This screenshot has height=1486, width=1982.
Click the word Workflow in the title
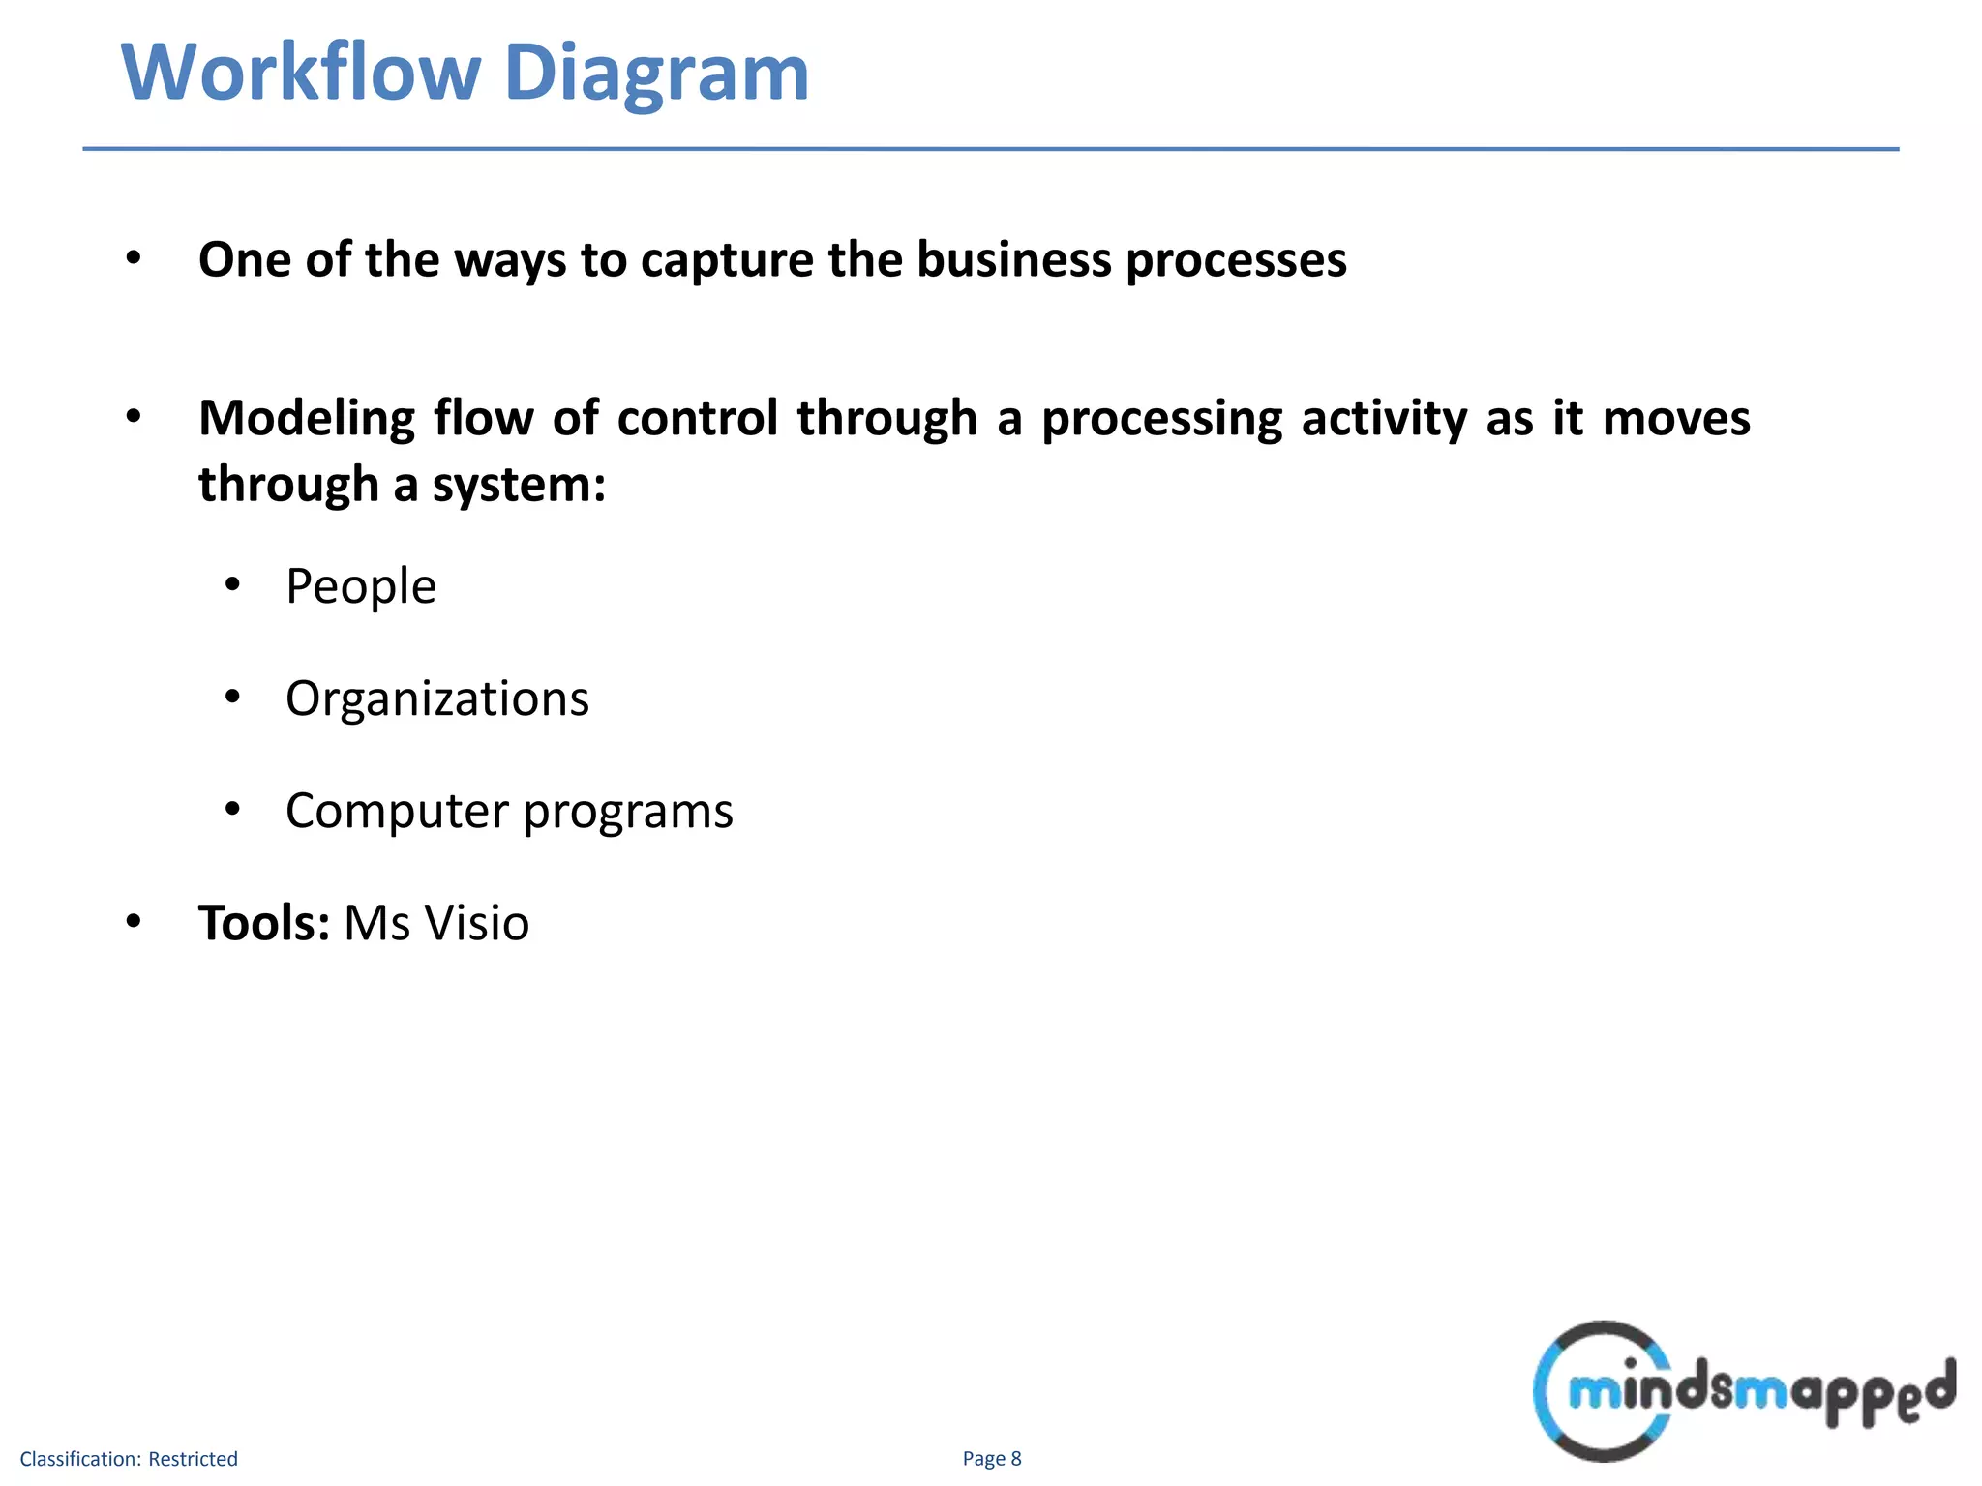(301, 73)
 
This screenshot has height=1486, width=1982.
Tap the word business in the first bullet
(1013, 259)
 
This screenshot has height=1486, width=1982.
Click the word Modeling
(307, 420)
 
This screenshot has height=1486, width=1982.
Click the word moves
(1676, 418)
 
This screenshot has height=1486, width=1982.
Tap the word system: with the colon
(519, 485)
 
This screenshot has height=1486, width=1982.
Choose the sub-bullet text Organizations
(436, 698)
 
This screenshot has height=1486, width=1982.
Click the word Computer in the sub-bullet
(397, 811)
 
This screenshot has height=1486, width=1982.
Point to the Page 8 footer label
(992, 1459)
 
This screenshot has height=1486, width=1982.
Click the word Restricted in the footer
(193, 1459)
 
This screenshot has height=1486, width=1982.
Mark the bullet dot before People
(232, 584)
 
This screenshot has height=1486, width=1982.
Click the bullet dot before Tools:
(134, 921)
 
